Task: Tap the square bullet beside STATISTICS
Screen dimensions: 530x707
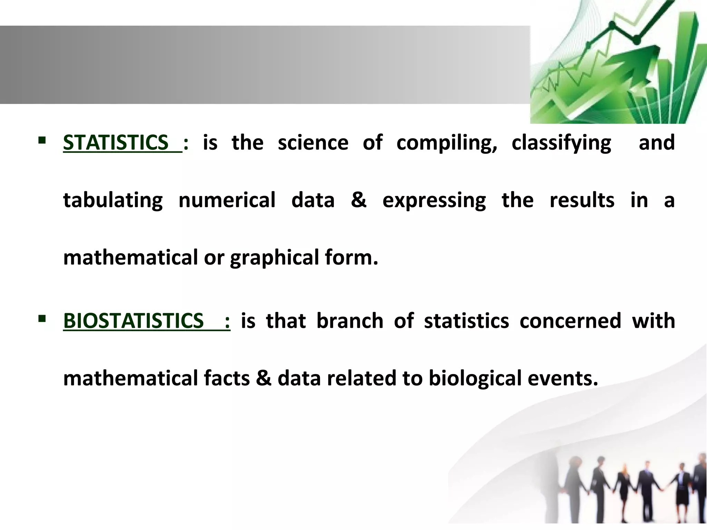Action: (x=42, y=140)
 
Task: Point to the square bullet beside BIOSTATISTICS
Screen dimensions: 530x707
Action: (x=42, y=318)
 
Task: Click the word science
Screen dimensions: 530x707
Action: (x=313, y=143)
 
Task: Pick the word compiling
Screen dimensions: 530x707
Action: (x=446, y=143)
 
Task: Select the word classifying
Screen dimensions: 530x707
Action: (x=561, y=143)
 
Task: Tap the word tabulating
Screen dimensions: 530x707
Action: (x=113, y=200)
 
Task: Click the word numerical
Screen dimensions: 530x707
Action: (x=227, y=200)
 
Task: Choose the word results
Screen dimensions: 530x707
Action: (x=582, y=200)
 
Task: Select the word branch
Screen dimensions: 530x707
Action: (x=350, y=321)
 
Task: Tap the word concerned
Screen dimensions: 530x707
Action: (x=570, y=321)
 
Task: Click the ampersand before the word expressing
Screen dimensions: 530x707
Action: (x=358, y=200)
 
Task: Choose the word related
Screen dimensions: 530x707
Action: (x=361, y=378)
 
